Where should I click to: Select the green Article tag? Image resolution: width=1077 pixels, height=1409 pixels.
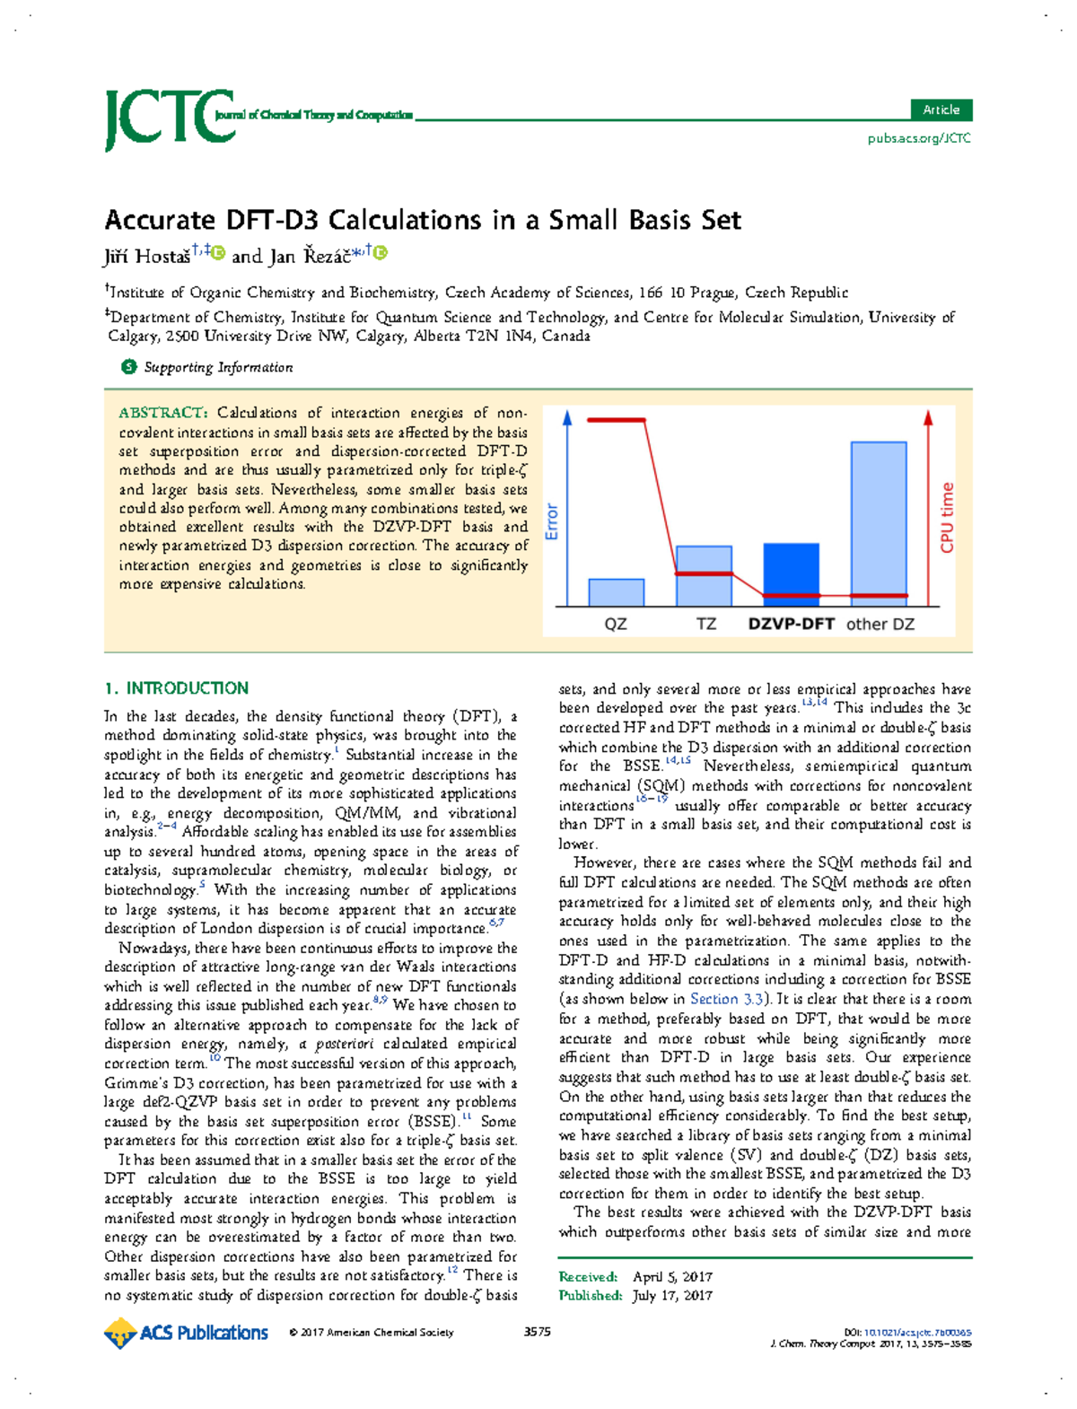(x=941, y=109)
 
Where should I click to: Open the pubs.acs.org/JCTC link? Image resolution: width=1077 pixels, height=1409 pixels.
(x=918, y=138)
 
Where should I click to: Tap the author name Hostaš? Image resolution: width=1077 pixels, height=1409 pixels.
(x=162, y=257)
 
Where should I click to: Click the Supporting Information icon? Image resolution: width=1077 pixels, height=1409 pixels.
(x=129, y=367)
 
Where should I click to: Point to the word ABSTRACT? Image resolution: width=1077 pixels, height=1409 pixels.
(x=162, y=413)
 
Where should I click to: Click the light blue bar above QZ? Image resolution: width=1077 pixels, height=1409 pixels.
(x=616, y=592)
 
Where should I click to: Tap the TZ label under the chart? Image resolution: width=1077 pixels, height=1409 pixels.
(x=705, y=624)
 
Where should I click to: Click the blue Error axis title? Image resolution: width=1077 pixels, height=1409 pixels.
(x=552, y=521)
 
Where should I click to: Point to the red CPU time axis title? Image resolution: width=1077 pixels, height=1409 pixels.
(x=947, y=518)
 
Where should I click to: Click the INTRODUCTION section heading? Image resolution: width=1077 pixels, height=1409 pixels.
(x=187, y=688)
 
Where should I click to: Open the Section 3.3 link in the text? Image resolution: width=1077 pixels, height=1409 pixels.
(x=727, y=999)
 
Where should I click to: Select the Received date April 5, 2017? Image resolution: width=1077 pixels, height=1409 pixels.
(x=673, y=1276)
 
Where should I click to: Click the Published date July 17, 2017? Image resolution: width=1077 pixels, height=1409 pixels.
(x=672, y=1295)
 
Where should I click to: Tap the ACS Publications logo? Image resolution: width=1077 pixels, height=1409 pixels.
(x=187, y=1333)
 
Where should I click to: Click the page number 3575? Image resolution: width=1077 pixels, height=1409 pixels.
(x=537, y=1332)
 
